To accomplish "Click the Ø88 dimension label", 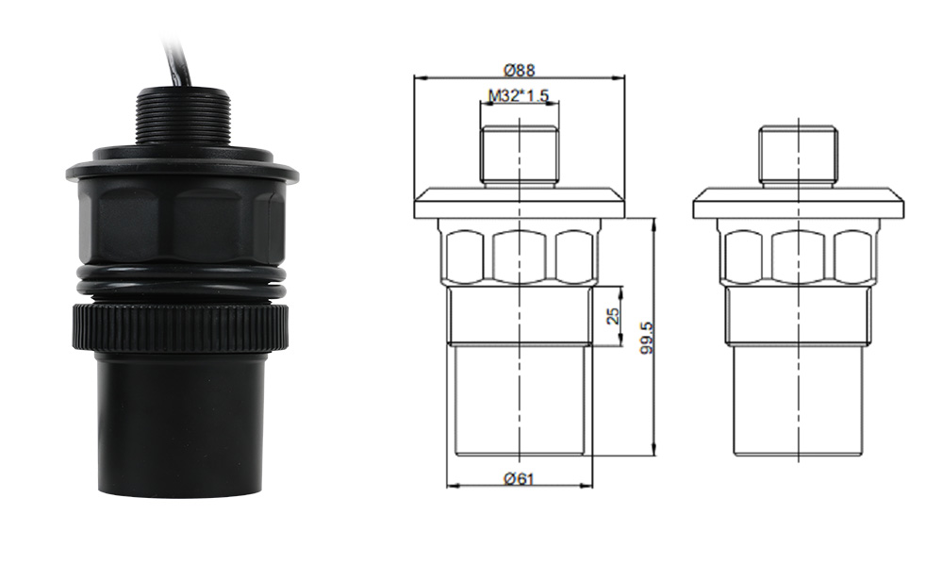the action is coord(519,71).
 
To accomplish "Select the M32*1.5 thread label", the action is coord(519,95).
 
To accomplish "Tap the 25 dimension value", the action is coord(613,316).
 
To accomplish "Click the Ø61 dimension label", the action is coord(519,479).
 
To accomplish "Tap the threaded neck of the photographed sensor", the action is coord(183,117).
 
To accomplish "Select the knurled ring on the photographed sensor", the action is coord(181,328).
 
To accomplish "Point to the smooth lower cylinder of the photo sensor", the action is coord(180,425).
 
